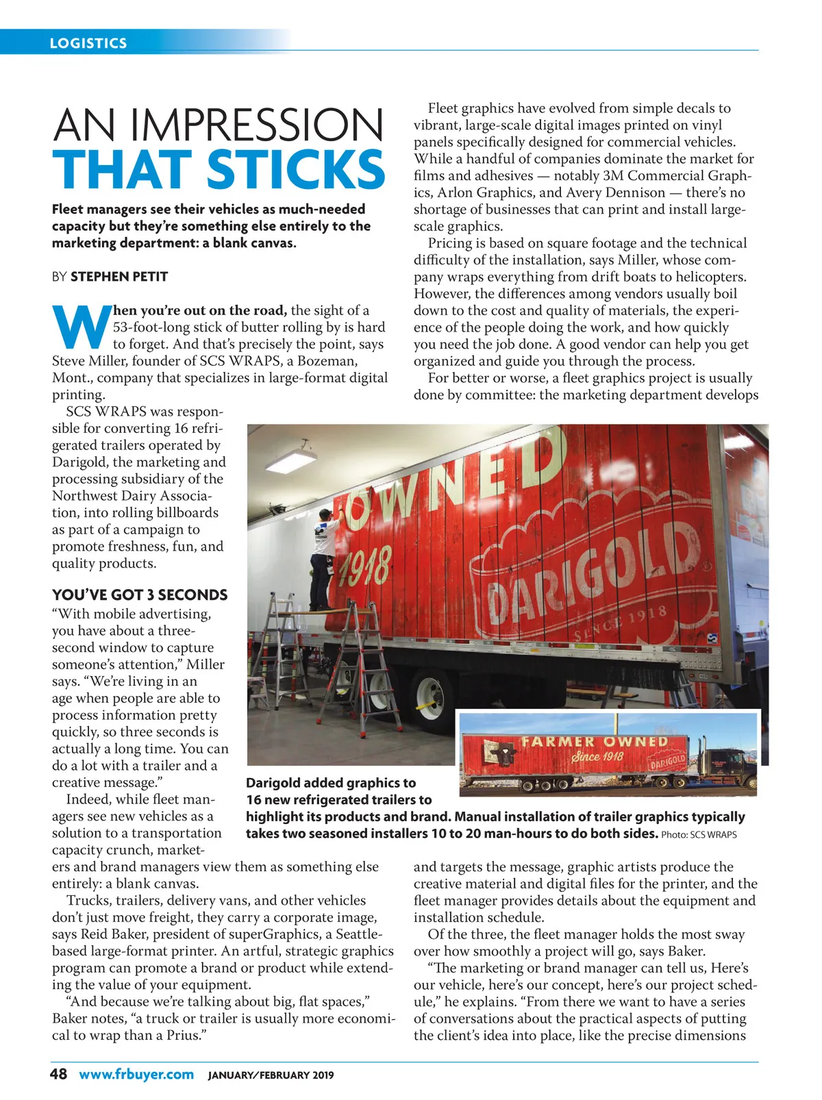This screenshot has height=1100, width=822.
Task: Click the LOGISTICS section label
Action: tap(88, 43)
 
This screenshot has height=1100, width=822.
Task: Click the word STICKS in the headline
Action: tap(296, 169)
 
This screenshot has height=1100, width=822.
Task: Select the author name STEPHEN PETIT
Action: tap(119, 277)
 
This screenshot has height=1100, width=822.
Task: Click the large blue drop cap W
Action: tap(81, 327)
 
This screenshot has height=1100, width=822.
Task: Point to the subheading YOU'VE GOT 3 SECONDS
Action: tap(140, 595)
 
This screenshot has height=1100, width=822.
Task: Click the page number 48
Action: tap(59, 1074)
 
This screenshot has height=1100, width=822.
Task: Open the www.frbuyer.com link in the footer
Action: tap(136, 1074)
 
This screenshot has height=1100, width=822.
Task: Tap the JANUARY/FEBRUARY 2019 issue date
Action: tap(271, 1075)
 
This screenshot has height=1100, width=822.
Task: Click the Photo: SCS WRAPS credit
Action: tap(699, 835)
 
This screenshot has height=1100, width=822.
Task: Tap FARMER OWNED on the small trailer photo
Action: tap(595, 742)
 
